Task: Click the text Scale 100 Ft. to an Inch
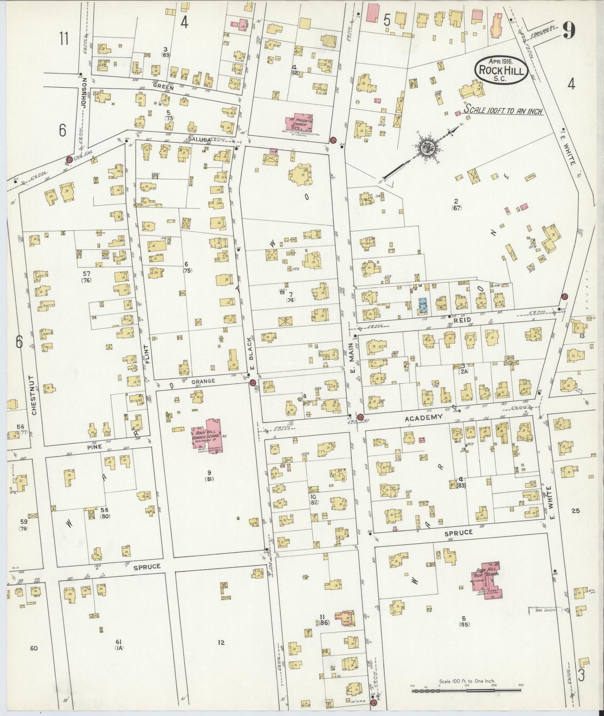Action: [503, 111]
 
